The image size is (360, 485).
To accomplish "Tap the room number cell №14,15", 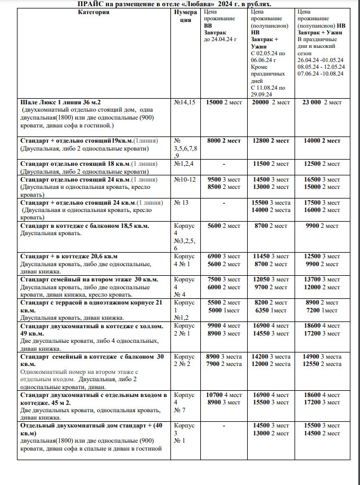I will tap(185, 103).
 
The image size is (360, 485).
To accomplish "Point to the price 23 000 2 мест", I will tap(322, 103).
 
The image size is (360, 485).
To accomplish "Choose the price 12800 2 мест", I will tap(270, 140).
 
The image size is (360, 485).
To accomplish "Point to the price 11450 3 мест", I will tap(270, 256).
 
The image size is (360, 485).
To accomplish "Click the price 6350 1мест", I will tap(270, 310).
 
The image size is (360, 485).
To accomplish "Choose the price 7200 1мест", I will tap(322, 310).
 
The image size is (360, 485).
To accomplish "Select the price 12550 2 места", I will tap(322, 364).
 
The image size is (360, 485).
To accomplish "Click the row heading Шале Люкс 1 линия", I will tap(60, 103).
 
